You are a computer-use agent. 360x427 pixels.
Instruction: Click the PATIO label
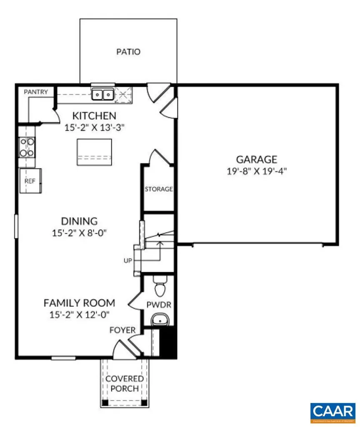128,52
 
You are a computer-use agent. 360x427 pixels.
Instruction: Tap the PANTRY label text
35,92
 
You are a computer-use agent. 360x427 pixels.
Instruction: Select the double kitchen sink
102,95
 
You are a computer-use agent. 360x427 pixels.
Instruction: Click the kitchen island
94,152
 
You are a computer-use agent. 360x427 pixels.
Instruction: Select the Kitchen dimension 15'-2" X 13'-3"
95,128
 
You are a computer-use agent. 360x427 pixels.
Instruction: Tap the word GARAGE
257,160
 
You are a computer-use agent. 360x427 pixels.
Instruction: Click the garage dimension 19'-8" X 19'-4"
257,171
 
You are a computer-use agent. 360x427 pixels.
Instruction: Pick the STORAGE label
158,189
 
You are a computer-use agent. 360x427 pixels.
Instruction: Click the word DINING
79,221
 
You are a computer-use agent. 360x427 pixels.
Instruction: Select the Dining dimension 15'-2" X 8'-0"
79,233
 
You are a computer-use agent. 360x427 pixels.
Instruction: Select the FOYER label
122,330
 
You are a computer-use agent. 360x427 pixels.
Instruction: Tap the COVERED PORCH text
124,384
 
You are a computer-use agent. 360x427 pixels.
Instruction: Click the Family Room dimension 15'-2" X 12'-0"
79,314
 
